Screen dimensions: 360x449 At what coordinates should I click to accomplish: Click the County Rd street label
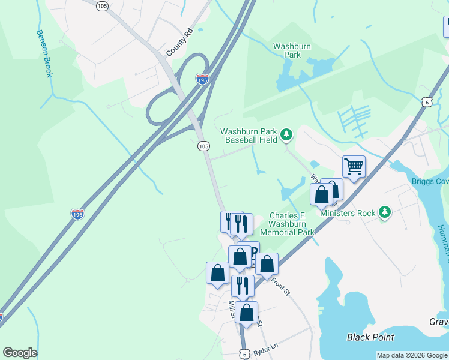[178, 43]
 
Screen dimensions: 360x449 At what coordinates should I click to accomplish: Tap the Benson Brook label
[45, 54]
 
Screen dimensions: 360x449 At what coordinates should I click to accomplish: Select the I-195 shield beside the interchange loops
[202, 79]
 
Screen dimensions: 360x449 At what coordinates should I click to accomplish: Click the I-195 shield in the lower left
[77, 214]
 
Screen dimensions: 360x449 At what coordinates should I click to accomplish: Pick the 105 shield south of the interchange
[203, 146]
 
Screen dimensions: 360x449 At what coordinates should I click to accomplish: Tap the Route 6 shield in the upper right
[426, 102]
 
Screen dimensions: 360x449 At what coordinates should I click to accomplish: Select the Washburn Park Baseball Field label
[250, 136]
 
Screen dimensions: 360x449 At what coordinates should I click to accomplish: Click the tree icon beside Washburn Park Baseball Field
[286, 135]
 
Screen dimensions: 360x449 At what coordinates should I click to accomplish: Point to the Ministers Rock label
[348, 213]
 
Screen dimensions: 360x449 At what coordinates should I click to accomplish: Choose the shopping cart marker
[354, 166]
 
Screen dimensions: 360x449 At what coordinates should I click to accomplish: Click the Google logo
[20, 353]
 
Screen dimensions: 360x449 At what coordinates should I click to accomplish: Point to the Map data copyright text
[412, 355]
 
